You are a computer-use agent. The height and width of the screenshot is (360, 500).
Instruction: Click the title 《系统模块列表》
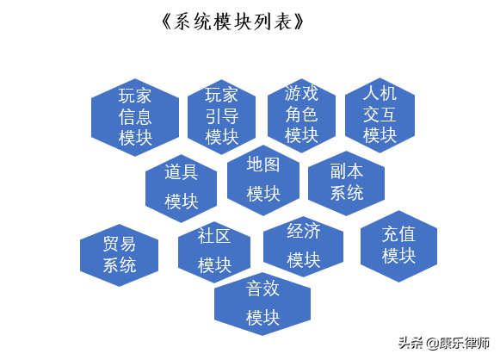point(232,22)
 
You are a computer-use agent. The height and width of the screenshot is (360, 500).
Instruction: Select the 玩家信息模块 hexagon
point(135,117)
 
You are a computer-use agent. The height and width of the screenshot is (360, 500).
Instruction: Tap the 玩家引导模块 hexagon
point(222,117)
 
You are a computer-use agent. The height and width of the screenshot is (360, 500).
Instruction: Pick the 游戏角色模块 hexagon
point(301,115)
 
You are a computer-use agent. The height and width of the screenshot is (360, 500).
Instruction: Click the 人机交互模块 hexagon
point(380,115)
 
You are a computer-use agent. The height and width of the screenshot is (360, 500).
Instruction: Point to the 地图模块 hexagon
point(263,180)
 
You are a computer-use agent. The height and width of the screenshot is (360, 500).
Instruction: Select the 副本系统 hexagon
point(346,183)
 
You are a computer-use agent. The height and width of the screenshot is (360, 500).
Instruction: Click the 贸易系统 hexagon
point(119,255)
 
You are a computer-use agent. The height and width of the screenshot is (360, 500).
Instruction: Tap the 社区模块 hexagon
point(214,252)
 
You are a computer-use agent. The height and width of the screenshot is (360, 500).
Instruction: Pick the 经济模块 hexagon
point(303,246)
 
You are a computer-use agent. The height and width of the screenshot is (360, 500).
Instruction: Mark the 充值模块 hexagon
point(398,246)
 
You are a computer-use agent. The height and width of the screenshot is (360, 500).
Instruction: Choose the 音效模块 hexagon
point(262,304)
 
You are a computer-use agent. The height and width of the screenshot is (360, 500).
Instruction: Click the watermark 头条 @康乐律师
point(444,343)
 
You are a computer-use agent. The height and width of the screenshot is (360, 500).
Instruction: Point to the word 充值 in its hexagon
point(398,234)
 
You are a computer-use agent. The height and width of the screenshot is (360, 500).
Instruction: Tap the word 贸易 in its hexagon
point(120,244)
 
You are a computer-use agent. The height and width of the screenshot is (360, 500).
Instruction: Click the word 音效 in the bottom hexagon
point(262,289)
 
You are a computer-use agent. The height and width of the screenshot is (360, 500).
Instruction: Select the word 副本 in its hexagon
point(347,171)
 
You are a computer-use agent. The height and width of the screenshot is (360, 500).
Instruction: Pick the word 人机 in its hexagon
point(380,93)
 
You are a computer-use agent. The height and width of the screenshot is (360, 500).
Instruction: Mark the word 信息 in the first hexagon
point(135,117)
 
